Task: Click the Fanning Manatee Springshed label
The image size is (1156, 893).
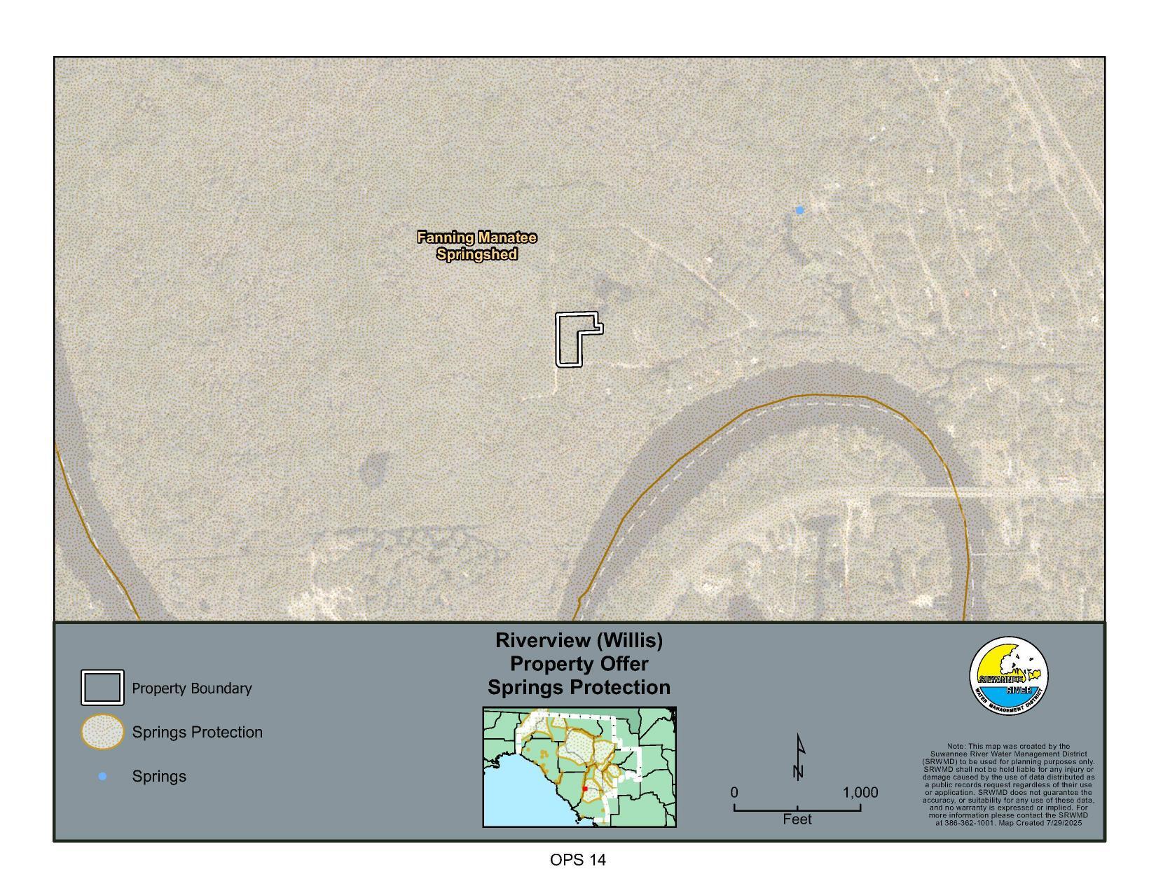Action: coord(477,246)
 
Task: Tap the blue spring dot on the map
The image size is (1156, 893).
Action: coord(799,210)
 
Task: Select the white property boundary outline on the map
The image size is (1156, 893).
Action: coord(558,340)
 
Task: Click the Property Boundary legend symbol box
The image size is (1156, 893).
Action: coord(102,688)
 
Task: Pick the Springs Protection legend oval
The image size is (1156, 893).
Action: coord(102,732)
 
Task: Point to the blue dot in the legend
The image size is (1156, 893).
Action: coord(102,776)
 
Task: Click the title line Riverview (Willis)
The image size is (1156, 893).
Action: coord(579,640)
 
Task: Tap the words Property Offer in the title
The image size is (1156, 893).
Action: coord(579,663)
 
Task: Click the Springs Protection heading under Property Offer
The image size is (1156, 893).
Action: coord(579,687)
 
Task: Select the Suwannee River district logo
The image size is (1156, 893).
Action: coord(1009,677)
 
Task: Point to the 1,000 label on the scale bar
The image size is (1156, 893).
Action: coord(860,793)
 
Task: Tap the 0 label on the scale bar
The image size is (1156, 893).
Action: coord(734,793)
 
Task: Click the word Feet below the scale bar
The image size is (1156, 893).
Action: coord(797,819)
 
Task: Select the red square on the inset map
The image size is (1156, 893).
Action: coord(585,789)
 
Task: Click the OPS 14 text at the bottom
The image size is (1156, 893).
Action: coord(578,860)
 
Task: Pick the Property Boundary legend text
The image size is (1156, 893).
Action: coord(192,688)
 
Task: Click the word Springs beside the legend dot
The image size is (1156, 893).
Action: coord(159,776)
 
